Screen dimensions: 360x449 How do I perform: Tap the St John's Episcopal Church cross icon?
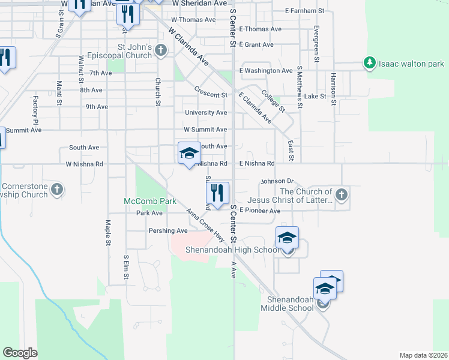[161, 50]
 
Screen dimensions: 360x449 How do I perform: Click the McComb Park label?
[143, 200]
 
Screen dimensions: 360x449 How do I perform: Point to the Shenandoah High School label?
[232, 250]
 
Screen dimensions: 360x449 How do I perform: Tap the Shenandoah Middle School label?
[287, 304]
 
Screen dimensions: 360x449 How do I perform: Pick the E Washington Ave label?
[266, 71]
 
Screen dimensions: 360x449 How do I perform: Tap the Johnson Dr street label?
[276, 181]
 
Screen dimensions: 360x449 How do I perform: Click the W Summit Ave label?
[205, 130]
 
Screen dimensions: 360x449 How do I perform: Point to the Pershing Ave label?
[168, 230]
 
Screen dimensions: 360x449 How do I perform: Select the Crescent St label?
[211, 95]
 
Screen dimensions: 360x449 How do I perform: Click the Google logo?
[20, 353]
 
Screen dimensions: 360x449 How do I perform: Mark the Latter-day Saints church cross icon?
[342, 194]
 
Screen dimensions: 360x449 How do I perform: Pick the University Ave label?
[206, 112]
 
